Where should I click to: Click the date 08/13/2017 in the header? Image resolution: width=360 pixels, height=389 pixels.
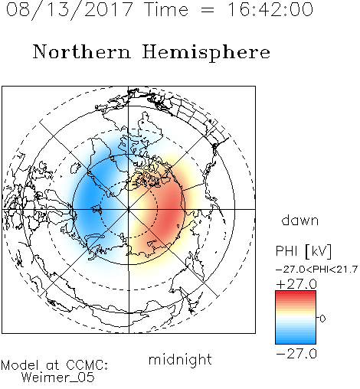[x=70, y=10]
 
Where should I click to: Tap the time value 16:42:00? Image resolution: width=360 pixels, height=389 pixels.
[x=270, y=9]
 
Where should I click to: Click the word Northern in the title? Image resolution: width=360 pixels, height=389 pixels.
[x=81, y=52]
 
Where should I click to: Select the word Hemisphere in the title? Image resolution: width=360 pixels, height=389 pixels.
[x=206, y=53]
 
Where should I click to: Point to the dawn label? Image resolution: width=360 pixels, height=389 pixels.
[x=300, y=221]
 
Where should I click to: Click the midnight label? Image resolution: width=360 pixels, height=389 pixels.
[x=180, y=360]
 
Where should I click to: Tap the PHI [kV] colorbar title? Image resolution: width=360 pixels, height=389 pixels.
[x=303, y=251]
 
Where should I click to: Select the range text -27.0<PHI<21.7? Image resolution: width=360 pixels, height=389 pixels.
[x=316, y=270]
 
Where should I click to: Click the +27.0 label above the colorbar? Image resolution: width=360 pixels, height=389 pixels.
[x=296, y=284]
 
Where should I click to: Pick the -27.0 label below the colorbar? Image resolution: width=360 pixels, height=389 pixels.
[x=296, y=354]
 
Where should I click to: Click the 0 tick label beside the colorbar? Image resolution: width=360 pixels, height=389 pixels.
[x=322, y=319]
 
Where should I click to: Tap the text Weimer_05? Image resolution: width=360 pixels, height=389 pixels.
[x=58, y=378]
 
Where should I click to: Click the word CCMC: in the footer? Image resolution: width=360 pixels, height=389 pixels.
[x=87, y=365]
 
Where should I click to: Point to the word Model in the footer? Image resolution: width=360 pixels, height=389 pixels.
[x=20, y=365]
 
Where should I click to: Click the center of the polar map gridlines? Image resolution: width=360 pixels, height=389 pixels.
[x=129, y=209]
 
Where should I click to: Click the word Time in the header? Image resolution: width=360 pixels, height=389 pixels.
[x=166, y=9]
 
